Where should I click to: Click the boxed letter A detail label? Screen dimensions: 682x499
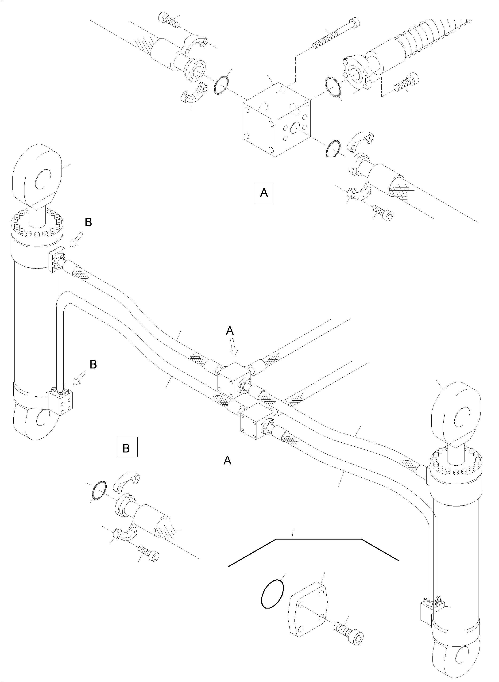(264, 192)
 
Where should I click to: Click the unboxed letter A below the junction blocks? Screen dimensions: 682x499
(227, 461)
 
